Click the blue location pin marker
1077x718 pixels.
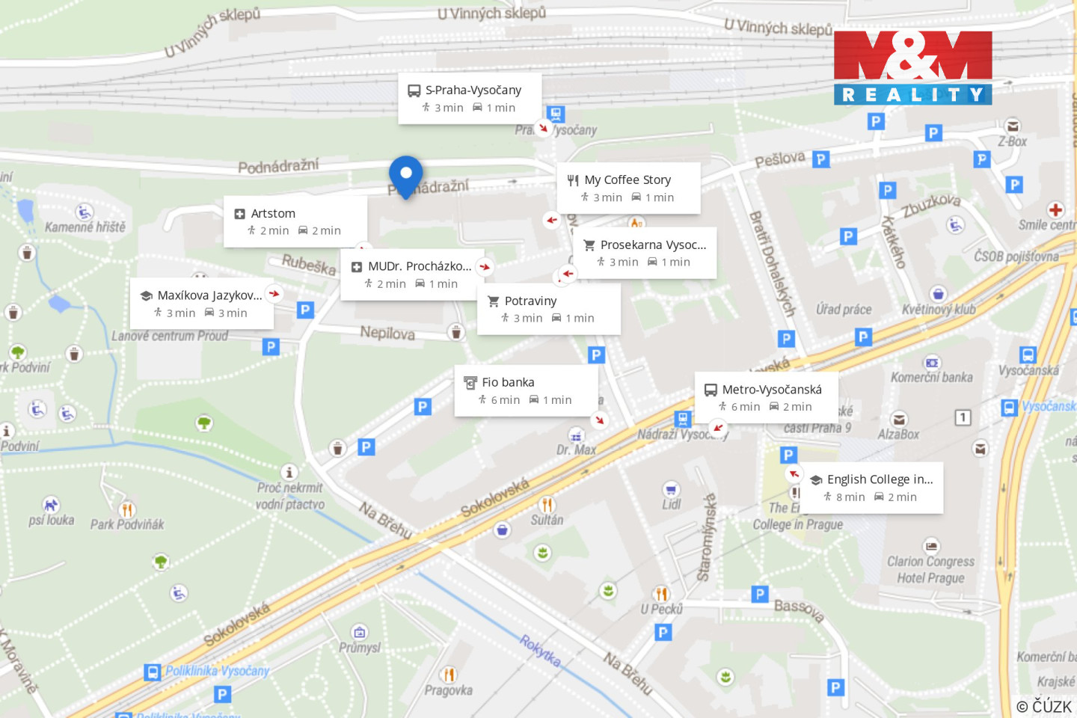[x=406, y=175]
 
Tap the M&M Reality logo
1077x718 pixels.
[x=912, y=67]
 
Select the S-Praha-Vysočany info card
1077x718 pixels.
[x=470, y=98]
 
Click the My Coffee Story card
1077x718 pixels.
[x=628, y=188]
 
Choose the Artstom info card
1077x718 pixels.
[x=295, y=221]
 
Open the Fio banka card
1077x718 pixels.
[x=526, y=390]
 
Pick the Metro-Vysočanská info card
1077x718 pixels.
[x=766, y=397]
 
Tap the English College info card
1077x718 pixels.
[x=872, y=488]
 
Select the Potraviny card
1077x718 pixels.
[x=548, y=309]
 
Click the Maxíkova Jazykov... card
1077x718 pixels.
[x=201, y=304]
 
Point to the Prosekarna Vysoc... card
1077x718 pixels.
[x=645, y=253]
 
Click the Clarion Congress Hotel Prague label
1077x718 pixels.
[x=930, y=569]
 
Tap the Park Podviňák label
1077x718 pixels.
[x=127, y=524]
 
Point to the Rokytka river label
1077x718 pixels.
[x=540, y=651]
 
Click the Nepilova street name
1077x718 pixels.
[x=387, y=333]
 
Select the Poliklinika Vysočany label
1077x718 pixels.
[x=217, y=671]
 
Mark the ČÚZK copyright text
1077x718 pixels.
[x=1044, y=706]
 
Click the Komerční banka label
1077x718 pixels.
[x=931, y=377]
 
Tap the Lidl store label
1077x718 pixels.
[x=671, y=504]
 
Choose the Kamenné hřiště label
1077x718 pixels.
[x=85, y=227]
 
